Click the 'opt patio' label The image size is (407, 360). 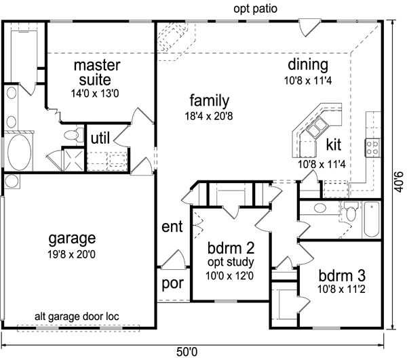[x=256, y=9]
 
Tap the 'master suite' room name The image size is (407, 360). [x=97, y=73]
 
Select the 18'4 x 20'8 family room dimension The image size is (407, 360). [x=209, y=116]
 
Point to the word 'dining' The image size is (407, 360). [x=308, y=64]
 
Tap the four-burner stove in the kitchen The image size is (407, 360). [x=372, y=147]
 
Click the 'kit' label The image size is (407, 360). [x=333, y=144]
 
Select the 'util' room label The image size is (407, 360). [x=100, y=138]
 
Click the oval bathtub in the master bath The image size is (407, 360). [x=20, y=152]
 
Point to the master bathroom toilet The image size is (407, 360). [x=73, y=135]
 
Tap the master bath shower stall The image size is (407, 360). [x=74, y=159]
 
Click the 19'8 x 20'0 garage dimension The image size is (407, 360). [x=71, y=254]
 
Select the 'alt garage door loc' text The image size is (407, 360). [x=77, y=317]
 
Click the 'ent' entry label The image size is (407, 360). [x=172, y=226]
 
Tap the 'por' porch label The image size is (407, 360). [x=172, y=284]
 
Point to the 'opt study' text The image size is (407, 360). [x=231, y=262]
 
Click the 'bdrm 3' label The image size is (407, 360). [x=342, y=275]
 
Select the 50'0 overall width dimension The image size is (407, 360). [x=187, y=352]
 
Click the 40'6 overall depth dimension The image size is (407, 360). [x=399, y=182]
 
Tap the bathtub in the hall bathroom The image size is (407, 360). [x=372, y=220]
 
